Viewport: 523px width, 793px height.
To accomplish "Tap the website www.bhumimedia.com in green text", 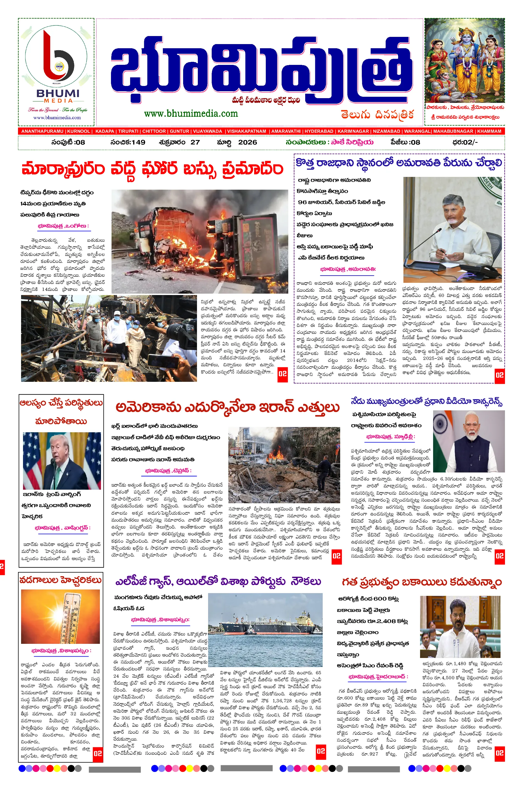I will click(191, 114).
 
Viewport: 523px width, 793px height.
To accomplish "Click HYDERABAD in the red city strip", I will click(319, 131).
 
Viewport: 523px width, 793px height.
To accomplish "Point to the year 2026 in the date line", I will click(247, 142).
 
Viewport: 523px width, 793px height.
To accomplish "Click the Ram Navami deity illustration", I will click(464, 61).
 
